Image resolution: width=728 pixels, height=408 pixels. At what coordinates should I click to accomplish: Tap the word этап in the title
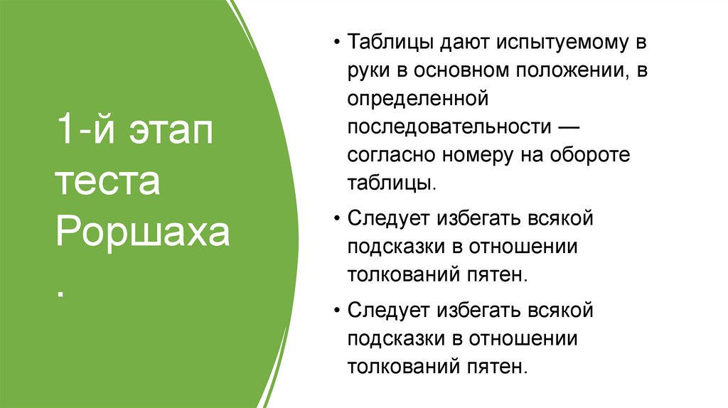[x=171, y=134]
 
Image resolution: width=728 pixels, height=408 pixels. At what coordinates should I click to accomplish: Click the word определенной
[x=416, y=99]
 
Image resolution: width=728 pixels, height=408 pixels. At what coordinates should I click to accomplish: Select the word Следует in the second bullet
[x=387, y=218]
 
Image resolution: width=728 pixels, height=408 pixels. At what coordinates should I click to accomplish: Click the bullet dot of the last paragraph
[x=336, y=312]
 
